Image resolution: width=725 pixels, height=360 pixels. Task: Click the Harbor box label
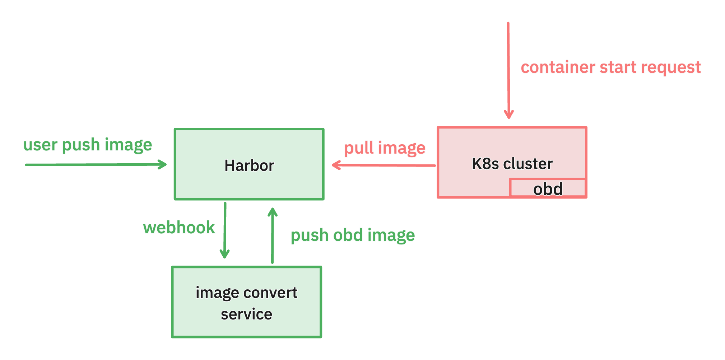249,165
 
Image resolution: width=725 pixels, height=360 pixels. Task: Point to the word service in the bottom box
246,314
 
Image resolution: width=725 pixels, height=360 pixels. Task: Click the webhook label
179,228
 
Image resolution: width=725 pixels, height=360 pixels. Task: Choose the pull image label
385,148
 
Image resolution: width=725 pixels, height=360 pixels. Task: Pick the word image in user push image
128,145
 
